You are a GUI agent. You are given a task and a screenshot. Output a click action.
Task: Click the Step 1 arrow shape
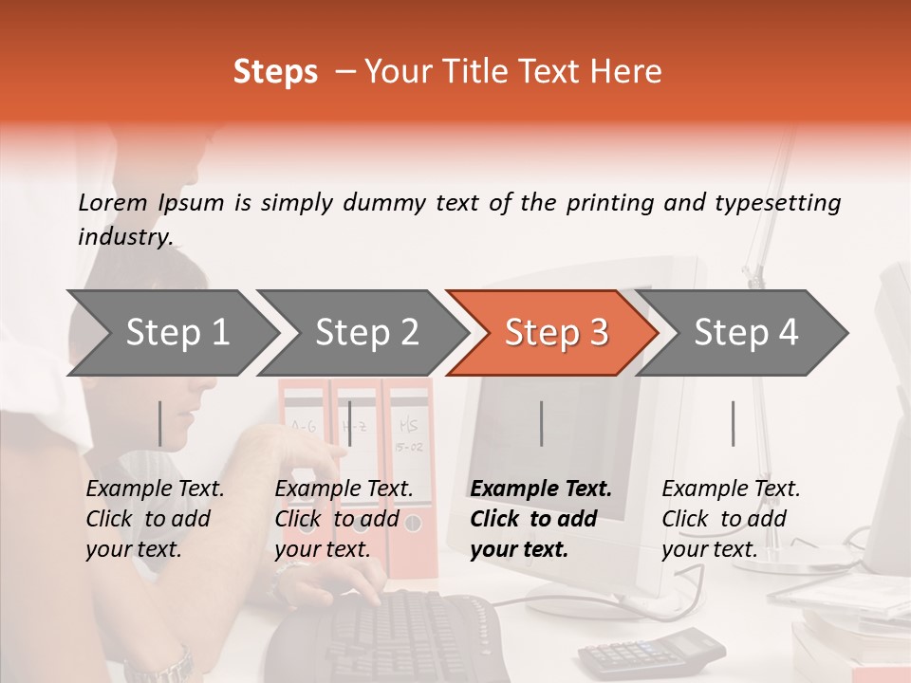tap(171, 333)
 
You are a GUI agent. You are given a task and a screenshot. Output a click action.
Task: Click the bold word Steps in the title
tap(275, 72)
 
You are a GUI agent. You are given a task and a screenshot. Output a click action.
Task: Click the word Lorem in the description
tap(113, 202)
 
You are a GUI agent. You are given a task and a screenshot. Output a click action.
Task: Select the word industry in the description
tap(124, 236)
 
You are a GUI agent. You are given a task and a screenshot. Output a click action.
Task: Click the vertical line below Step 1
tap(159, 423)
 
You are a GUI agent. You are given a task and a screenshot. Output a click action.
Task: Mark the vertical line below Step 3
tap(541, 423)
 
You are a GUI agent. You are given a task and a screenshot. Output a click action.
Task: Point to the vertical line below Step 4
tap(733, 423)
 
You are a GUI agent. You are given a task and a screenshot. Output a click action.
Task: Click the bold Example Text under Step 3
tap(541, 489)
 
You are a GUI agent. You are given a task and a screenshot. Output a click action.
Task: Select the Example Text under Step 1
tap(155, 489)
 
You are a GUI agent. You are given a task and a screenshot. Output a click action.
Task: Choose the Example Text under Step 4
tap(731, 489)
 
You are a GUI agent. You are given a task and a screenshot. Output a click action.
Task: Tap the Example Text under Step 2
tap(344, 489)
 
